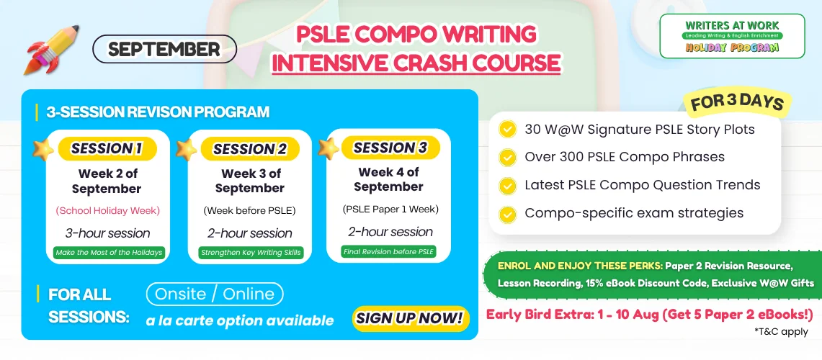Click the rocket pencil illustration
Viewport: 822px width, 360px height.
(51, 50)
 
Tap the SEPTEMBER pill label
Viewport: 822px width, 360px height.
(164, 49)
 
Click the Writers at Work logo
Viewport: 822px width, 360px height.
(732, 35)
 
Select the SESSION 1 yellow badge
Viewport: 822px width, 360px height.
(107, 148)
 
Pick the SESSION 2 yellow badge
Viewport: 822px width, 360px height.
(250, 149)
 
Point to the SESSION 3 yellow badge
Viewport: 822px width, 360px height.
(390, 148)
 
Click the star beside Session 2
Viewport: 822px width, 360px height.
(186, 149)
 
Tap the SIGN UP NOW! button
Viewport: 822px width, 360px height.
(410, 318)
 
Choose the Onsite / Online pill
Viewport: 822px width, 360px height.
(215, 294)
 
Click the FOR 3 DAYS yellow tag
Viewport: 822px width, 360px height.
(736, 103)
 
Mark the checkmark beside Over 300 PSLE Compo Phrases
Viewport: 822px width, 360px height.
(507, 157)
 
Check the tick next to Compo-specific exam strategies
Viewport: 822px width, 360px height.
(507, 213)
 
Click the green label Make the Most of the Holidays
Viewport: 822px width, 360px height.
(109, 253)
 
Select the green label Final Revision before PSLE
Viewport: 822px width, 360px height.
(389, 251)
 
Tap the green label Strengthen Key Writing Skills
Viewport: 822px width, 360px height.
(251, 253)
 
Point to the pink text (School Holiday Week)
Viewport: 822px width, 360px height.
(107, 211)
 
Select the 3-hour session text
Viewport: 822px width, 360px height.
(107, 233)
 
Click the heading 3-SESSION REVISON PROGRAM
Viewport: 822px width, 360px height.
(158, 112)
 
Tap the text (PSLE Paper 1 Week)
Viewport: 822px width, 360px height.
(390, 210)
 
